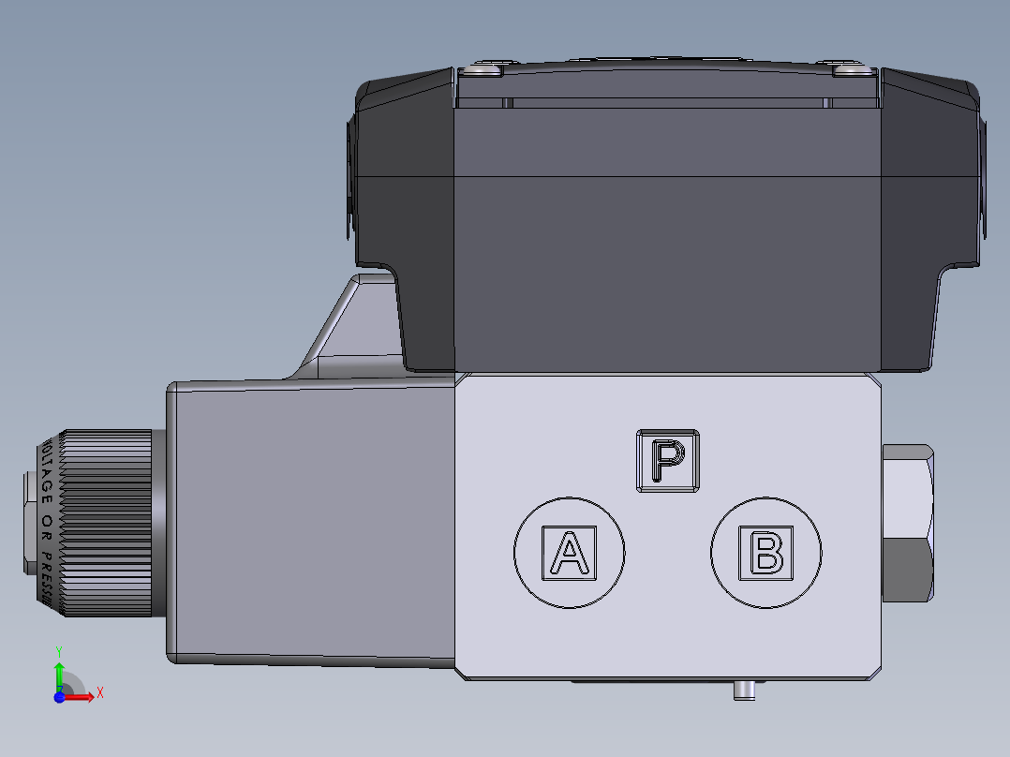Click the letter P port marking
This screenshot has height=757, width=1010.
click(x=668, y=460)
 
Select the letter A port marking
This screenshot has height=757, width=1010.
click(x=569, y=552)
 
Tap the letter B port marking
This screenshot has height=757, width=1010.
click(x=766, y=552)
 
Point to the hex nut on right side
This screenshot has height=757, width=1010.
click(x=908, y=524)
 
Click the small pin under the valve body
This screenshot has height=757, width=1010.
click(x=744, y=690)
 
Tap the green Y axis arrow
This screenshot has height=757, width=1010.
click(x=58, y=671)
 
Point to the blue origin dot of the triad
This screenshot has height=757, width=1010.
click(x=58, y=696)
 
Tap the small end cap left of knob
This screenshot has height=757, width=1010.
click(x=27, y=524)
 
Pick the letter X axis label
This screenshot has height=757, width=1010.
click(x=99, y=693)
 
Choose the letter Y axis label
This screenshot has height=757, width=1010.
click(x=58, y=649)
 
